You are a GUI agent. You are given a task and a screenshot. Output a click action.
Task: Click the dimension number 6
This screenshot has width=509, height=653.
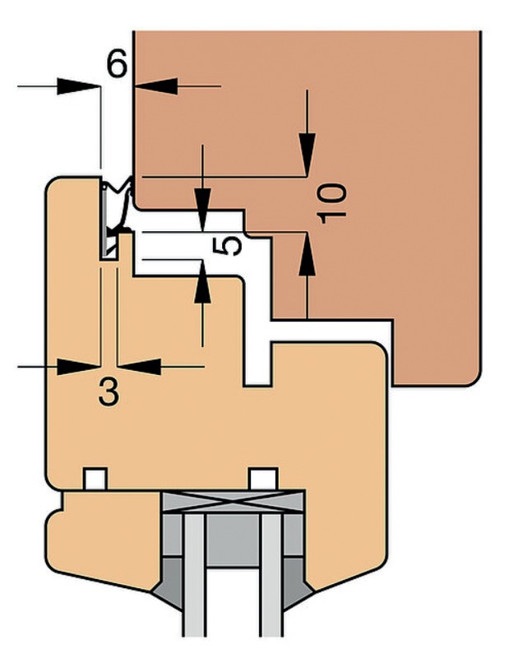coord(118,63)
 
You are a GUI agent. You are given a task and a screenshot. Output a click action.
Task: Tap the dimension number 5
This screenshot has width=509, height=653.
coord(232,244)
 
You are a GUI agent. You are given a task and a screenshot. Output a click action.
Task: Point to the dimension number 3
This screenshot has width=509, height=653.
coord(109,391)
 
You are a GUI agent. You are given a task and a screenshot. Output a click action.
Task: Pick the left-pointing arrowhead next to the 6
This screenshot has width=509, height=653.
coord(156,85)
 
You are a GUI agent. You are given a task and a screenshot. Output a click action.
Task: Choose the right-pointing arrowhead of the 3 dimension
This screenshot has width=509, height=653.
coord(78,366)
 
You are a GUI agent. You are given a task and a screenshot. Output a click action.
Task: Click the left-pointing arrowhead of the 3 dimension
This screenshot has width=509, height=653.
coord(139,366)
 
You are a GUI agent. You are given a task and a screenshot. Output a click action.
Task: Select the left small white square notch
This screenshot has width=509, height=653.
coord(96,477)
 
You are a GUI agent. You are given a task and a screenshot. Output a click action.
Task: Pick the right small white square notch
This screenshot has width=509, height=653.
coord(262,477)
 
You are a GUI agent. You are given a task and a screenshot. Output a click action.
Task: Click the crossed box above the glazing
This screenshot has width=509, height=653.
coord(234,501)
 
